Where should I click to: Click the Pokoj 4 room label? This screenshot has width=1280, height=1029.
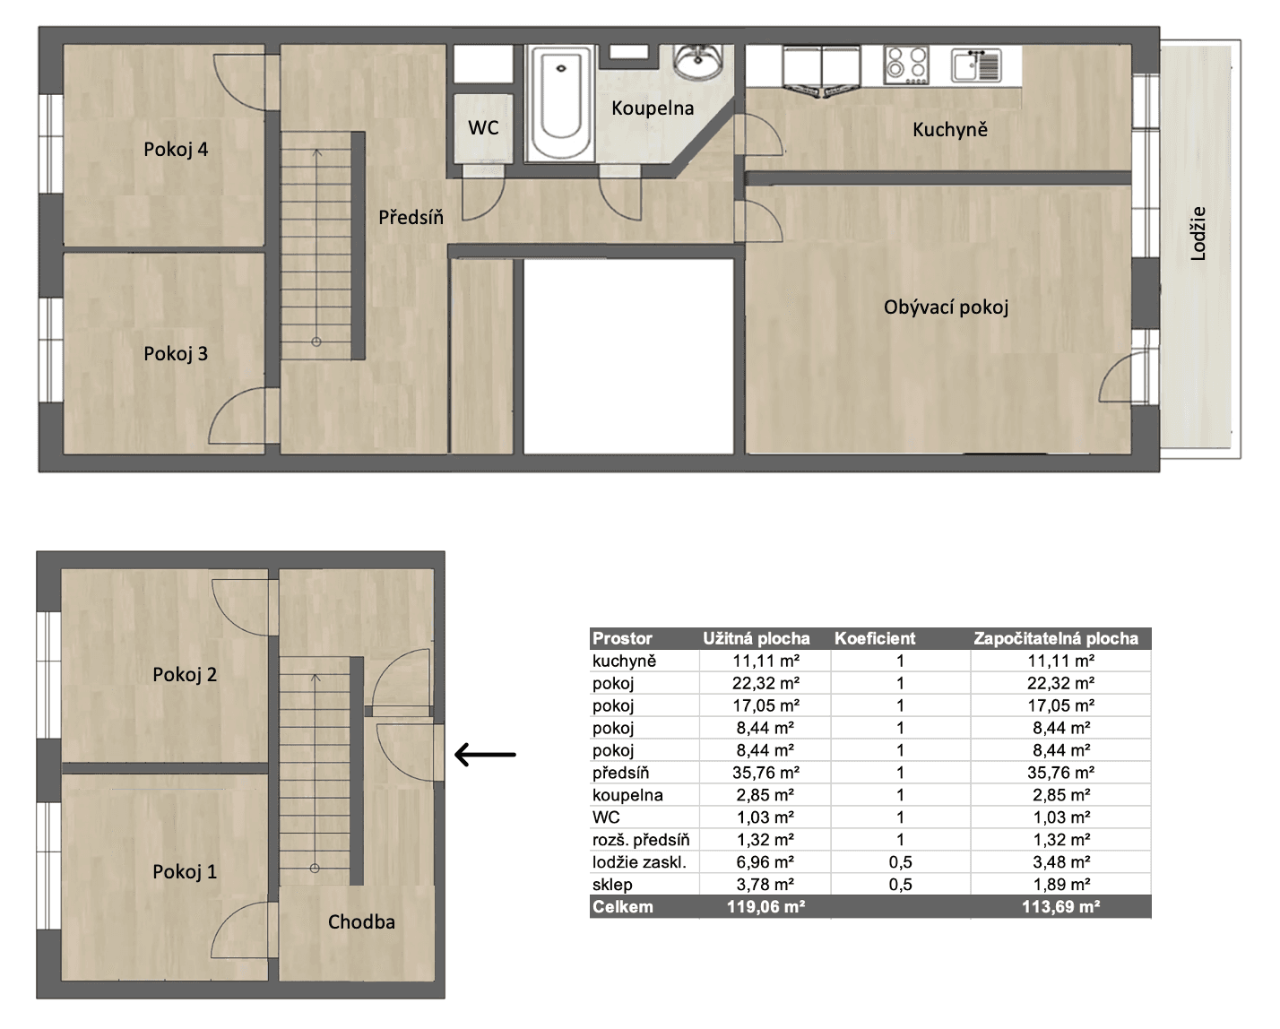click(x=176, y=150)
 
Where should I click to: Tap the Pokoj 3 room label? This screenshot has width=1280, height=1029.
click(x=176, y=354)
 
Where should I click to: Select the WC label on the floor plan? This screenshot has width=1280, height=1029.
click(x=483, y=128)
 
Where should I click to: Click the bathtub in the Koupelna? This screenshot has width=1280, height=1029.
click(x=560, y=104)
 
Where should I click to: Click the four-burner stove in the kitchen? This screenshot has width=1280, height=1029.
click(x=905, y=65)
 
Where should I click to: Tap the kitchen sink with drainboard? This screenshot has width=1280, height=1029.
click(x=975, y=65)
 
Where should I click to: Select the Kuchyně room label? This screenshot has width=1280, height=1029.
click(x=950, y=130)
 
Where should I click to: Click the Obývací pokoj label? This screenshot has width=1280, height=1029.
click(x=946, y=307)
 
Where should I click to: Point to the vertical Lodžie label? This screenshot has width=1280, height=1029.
click(x=1198, y=234)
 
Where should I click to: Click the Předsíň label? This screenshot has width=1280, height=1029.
click(x=411, y=217)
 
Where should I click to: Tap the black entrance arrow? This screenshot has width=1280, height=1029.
click(x=485, y=755)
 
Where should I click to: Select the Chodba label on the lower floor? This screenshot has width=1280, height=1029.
click(x=361, y=921)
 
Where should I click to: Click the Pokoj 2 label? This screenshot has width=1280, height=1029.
click(x=185, y=675)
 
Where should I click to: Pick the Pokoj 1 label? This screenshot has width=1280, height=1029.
click(x=185, y=871)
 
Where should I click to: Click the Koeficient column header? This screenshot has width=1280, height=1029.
click(x=875, y=639)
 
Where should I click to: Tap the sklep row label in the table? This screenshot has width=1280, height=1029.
click(x=611, y=885)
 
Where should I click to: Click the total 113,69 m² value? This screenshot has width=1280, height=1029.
click(x=1060, y=907)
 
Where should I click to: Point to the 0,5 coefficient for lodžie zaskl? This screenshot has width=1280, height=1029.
click(x=900, y=862)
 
